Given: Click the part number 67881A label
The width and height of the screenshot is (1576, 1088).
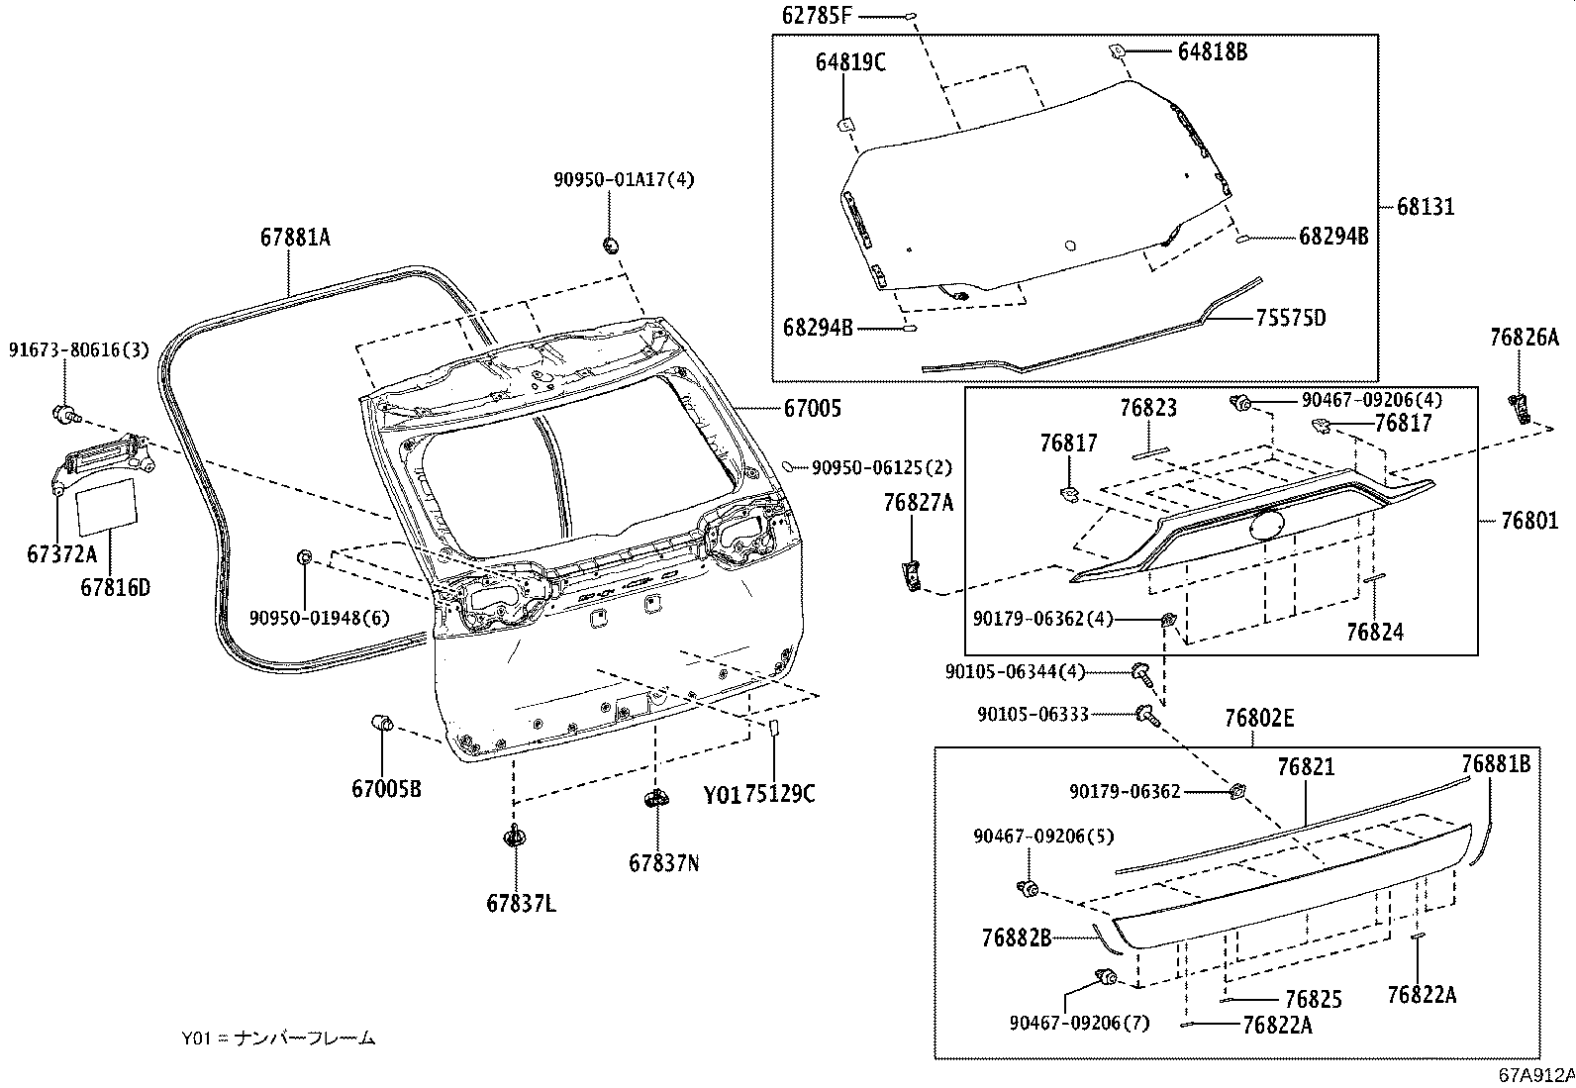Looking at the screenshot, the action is [x=295, y=238].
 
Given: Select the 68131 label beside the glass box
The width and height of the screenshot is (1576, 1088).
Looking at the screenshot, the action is [x=1426, y=207].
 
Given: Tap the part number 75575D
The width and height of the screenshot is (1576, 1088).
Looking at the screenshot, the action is [x=1291, y=318].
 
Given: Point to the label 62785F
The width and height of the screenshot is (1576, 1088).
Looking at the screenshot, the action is [x=817, y=16].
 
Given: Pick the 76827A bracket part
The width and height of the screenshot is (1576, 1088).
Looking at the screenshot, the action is [x=912, y=575].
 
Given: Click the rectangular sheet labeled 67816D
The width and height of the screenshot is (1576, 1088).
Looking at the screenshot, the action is [x=106, y=505].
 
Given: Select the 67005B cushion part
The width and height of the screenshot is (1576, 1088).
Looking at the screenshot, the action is [x=382, y=722].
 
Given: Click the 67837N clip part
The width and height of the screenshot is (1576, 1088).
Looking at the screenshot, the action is [x=655, y=798].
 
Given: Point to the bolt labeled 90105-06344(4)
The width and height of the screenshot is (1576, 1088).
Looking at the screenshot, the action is [x=1142, y=673].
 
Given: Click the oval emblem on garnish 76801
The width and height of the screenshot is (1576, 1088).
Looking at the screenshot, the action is [x=1267, y=525].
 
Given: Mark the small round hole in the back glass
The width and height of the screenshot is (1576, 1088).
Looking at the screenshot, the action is [x=1070, y=246].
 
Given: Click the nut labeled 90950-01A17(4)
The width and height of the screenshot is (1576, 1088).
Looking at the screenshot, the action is [x=610, y=246].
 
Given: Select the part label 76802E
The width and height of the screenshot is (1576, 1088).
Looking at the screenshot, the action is [x=1259, y=718].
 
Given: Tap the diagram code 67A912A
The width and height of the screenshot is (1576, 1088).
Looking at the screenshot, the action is [x=1536, y=1074].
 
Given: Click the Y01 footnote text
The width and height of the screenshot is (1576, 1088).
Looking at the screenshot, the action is [x=278, y=1039].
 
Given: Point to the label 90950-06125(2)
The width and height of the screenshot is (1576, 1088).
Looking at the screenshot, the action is [x=882, y=467].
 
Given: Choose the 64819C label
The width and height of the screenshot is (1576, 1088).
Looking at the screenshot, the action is [x=850, y=62].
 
